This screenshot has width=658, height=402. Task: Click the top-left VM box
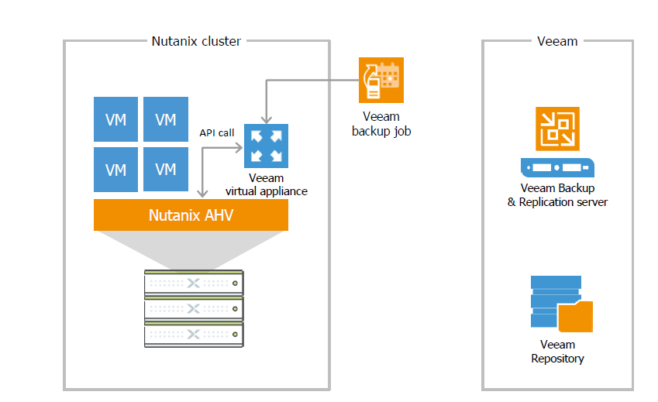(x=115, y=119)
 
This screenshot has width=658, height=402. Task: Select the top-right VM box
(x=166, y=119)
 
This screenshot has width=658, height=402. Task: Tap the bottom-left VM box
(x=115, y=170)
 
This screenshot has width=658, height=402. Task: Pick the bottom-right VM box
(x=166, y=170)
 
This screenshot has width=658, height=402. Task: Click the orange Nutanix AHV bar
(x=191, y=215)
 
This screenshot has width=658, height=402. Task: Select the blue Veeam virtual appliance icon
(x=266, y=146)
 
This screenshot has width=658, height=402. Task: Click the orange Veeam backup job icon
(x=381, y=80)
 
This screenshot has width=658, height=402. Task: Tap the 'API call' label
(x=216, y=133)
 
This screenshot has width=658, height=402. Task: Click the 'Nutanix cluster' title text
(x=196, y=41)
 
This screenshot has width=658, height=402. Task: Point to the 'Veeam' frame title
(x=557, y=41)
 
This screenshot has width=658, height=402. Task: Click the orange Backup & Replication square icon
(x=557, y=129)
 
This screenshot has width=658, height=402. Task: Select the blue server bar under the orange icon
(x=557, y=167)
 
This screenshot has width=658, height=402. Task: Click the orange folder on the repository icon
(x=575, y=317)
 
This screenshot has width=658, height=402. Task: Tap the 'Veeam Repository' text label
(x=557, y=352)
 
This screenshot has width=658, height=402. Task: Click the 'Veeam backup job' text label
(x=381, y=124)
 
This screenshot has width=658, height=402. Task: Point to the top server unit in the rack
(x=194, y=283)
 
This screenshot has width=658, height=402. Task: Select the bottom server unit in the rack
(x=194, y=335)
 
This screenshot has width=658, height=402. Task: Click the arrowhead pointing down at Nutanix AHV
(x=203, y=194)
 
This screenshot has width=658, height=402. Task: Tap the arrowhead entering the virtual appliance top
(x=267, y=120)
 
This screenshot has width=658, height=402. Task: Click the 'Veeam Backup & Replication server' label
(x=557, y=195)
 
